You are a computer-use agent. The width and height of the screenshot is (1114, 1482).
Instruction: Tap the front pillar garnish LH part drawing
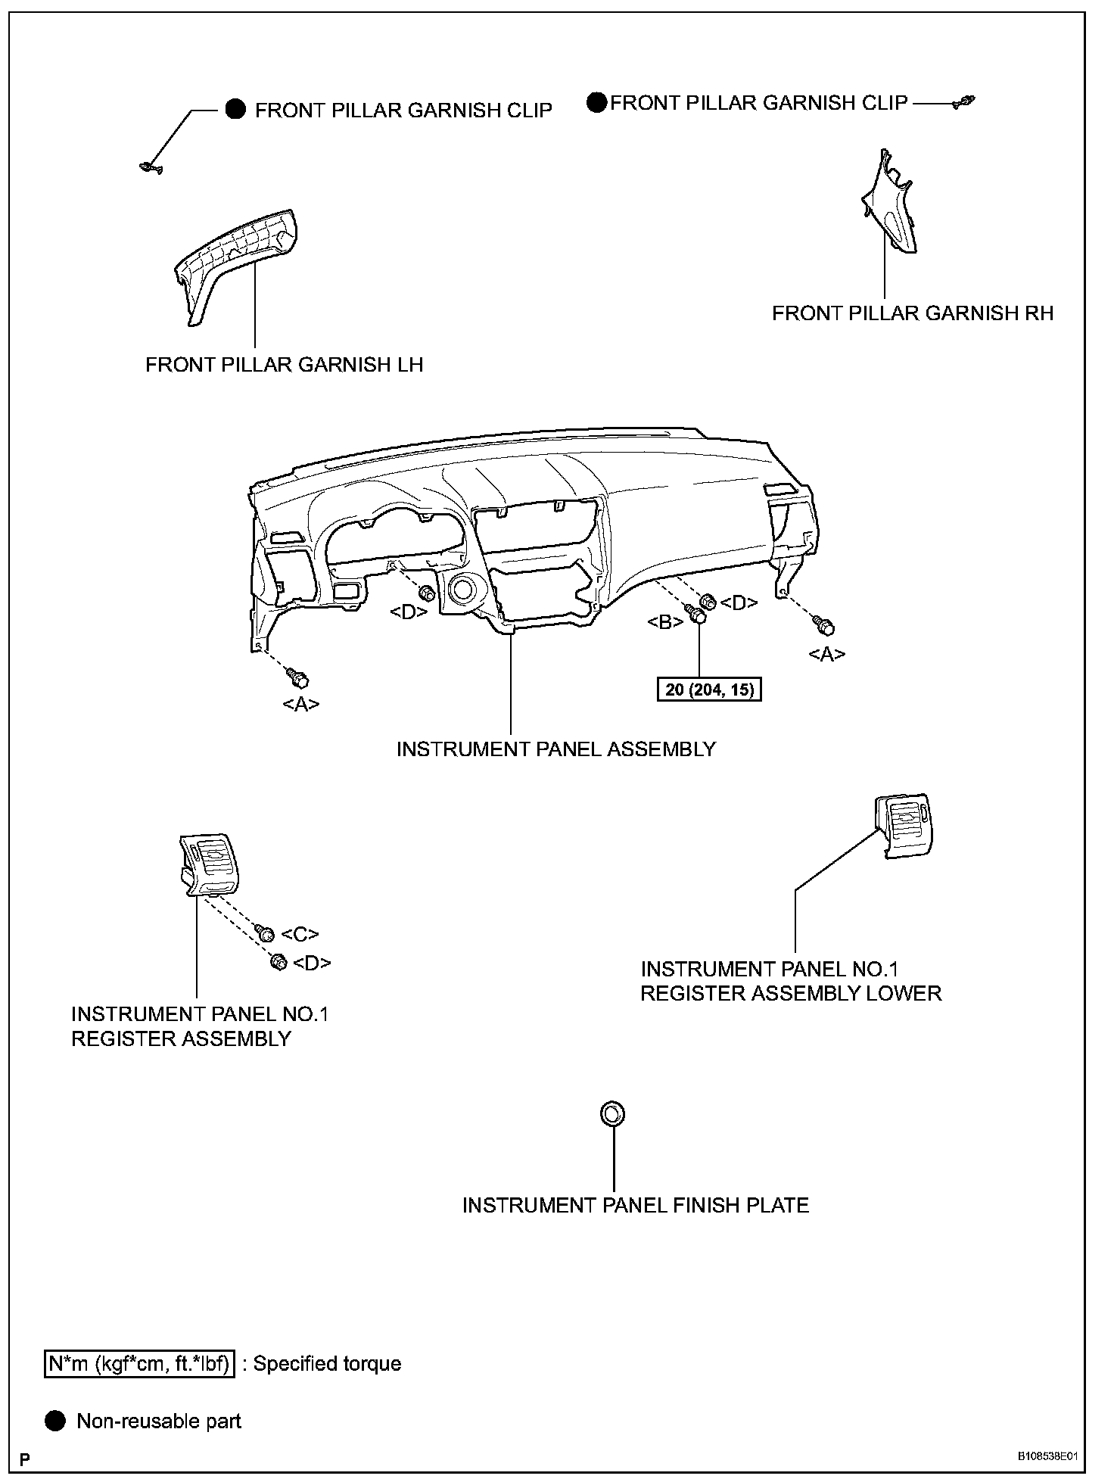tap(235, 261)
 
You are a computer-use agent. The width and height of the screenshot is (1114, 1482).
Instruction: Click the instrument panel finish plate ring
tap(612, 1114)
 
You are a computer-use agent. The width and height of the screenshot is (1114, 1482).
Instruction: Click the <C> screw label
tap(300, 935)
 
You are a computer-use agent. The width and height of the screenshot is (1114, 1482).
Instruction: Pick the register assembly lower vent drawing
tap(904, 826)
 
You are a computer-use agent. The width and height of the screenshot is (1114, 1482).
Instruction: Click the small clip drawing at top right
tap(964, 102)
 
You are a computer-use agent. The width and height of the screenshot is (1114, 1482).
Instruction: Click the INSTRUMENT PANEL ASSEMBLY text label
tap(555, 749)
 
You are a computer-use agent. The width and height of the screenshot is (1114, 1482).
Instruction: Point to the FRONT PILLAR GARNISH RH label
tap(912, 313)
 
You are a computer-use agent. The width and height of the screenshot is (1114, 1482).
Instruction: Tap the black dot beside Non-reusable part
tap(55, 1421)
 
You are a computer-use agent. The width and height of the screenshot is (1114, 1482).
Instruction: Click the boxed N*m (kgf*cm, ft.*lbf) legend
tap(139, 1364)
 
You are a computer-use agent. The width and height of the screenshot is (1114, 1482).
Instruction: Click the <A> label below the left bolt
tap(300, 705)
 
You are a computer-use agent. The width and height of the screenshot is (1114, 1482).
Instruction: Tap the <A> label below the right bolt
tap(827, 654)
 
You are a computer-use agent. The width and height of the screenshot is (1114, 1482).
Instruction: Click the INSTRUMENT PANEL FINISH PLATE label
tap(635, 1205)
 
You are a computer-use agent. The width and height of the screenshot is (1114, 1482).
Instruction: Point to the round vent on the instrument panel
tap(463, 589)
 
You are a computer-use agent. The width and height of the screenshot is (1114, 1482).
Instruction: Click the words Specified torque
tap(327, 1364)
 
